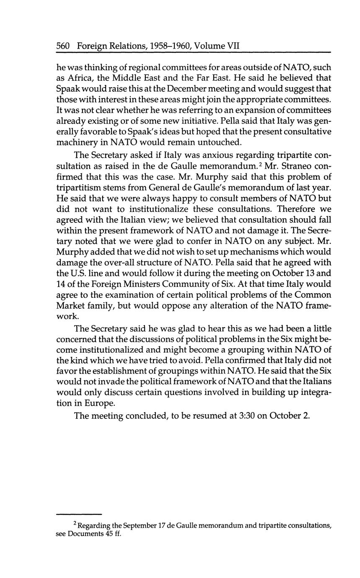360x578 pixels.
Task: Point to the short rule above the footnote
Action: (79, 513)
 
